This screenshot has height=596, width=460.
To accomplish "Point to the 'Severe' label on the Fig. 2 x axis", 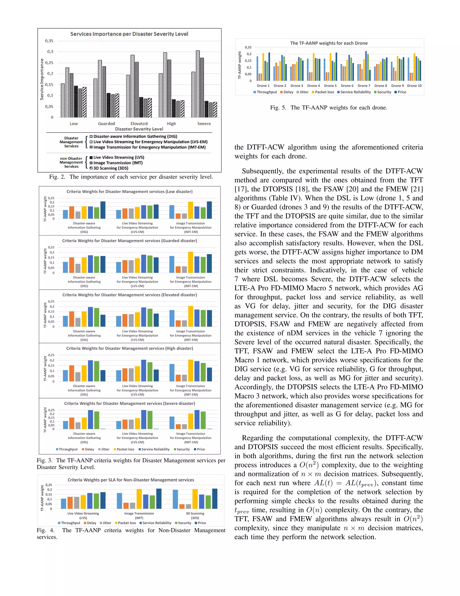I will tap(204, 124).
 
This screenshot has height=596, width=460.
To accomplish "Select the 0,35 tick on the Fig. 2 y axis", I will tap(49, 41).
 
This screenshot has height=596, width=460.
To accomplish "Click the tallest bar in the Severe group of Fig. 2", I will tap(198, 84).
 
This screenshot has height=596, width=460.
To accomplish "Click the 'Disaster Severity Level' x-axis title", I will tap(139, 129).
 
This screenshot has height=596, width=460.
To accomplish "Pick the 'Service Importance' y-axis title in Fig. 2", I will tap(42, 79).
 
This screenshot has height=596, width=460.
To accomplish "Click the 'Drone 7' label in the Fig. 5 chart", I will tap(364, 86).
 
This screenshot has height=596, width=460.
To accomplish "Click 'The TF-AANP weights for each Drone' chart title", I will tap(329, 43).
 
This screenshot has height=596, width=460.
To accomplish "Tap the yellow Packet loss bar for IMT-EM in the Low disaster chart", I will tap(190, 210).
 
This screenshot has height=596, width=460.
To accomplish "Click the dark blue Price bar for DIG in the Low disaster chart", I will tap(103, 210).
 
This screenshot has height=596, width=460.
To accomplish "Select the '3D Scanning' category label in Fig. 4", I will tap(195, 513).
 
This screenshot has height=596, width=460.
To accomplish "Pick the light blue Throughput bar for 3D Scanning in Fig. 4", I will tap(175, 499).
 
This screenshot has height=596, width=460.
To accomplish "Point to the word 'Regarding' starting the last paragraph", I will tap(257, 438).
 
